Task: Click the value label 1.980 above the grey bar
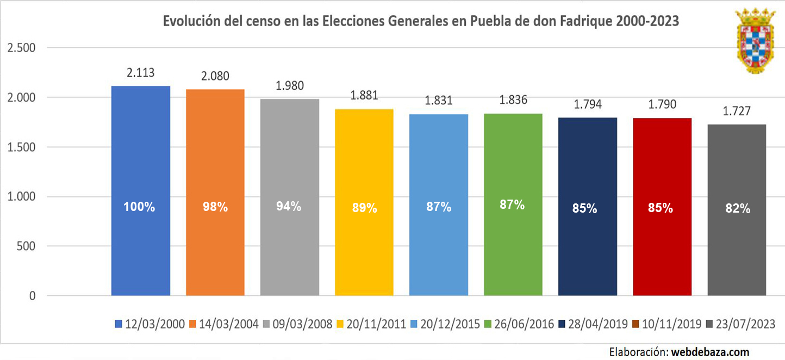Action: [290, 86]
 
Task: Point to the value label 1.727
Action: [737, 111]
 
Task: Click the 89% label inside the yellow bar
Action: [364, 208]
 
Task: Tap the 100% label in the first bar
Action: [140, 207]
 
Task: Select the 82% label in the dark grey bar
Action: [737, 208]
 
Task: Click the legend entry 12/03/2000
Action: [151, 324]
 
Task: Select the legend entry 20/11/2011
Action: [372, 324]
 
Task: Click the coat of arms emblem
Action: [755, 40]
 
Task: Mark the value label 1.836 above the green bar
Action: [513, 100]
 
